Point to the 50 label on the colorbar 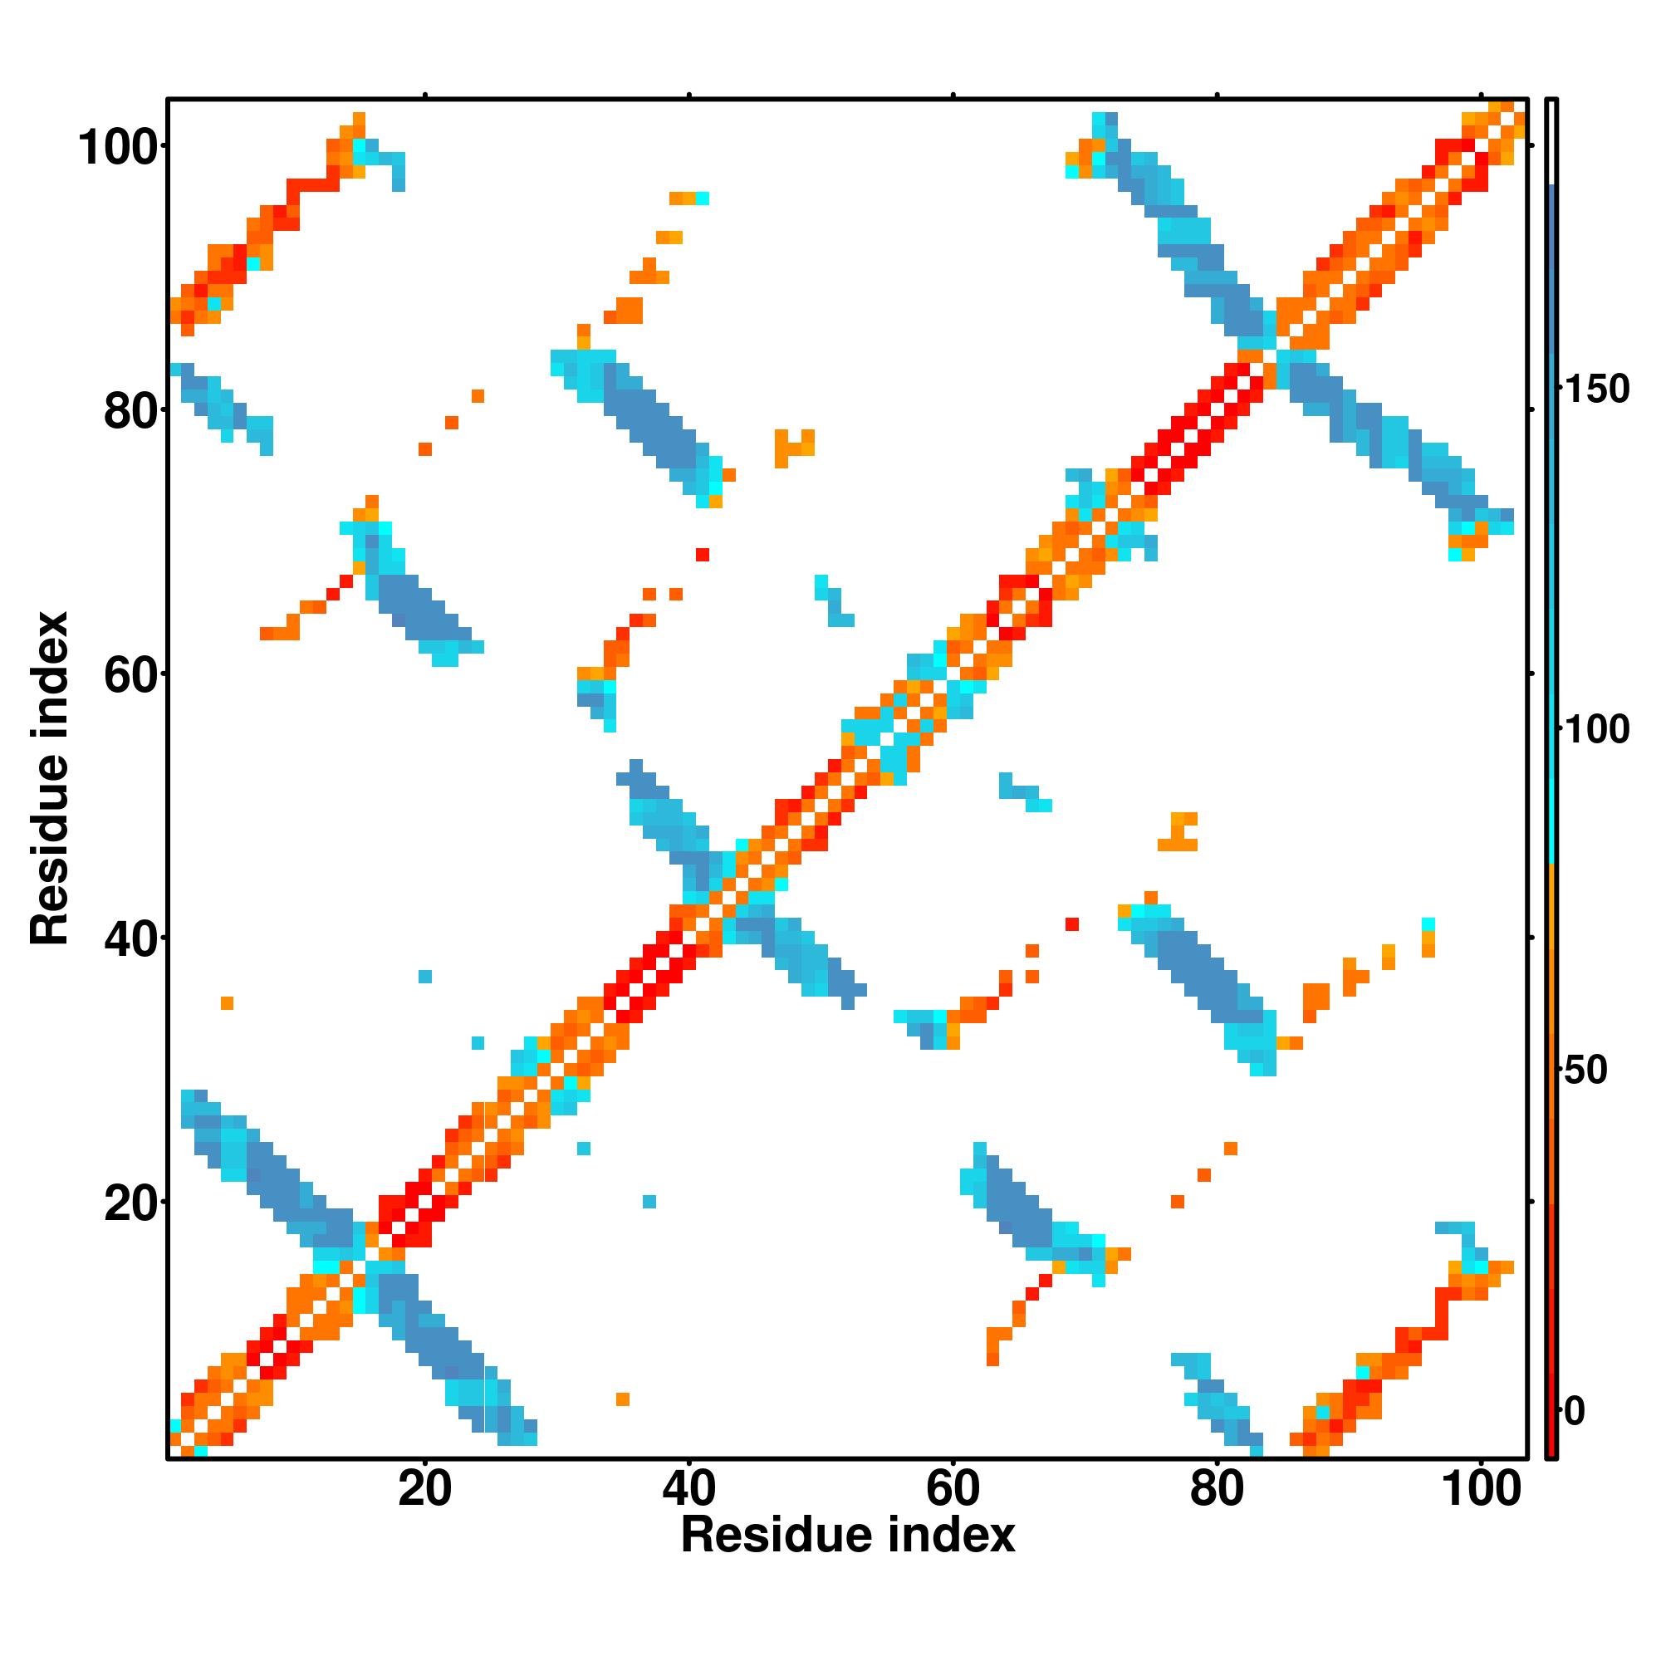click(x=1585, y=1071)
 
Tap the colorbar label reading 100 click(x=1596, y=730)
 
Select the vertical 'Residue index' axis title click(x=50, y=778)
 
